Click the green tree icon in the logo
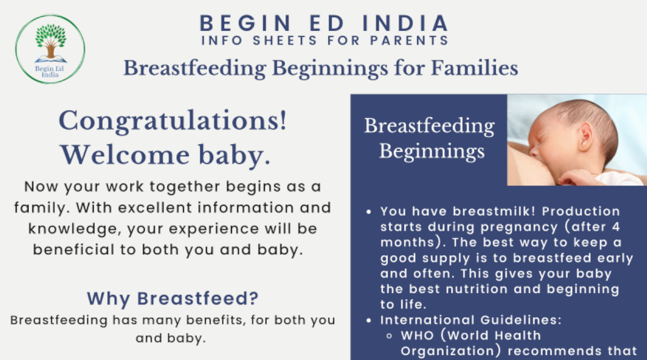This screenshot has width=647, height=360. click(x=51, y=36)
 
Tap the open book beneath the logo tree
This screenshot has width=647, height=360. click(x=51, y=59)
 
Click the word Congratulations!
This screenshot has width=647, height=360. click(x=173, y=121)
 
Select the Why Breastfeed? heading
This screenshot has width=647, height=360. click(x=173, y=299)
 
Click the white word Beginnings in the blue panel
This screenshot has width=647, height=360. click(x=432, y=151)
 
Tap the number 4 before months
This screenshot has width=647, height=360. click(x=614, y=227)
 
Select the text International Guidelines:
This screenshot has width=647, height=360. click(x=471, y=320)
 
